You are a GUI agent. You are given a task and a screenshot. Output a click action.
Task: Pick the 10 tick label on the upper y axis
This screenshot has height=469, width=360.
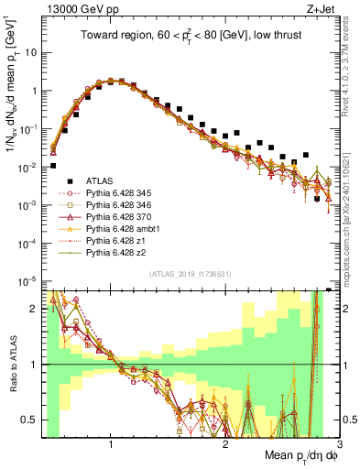tap(31, 52)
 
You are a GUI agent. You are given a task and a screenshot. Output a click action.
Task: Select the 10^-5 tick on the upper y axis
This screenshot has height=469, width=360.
tap(29, 280)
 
